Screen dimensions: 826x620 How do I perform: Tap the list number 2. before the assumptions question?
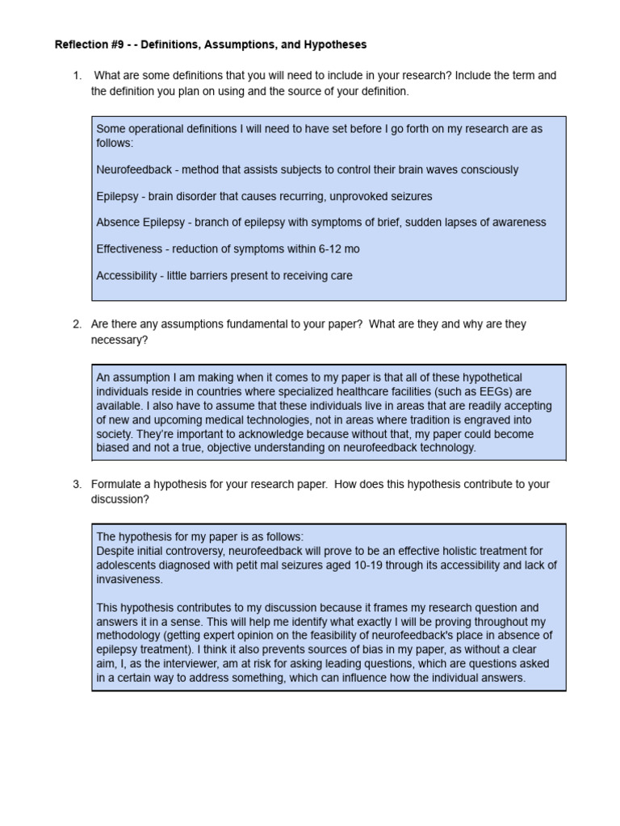click(x=77, y=324)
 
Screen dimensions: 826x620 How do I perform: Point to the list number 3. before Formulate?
click(x=77, y=484)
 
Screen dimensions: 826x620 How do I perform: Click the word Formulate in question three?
click(x=119, y=484)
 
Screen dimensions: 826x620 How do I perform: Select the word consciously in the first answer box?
click(x=489, y=170)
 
